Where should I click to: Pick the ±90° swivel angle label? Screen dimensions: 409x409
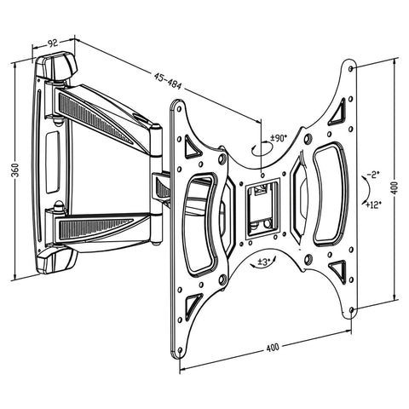coord(279,137)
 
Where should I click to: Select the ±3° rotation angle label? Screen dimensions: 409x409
coord(265,261)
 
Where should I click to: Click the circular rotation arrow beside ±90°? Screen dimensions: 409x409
coord(265,150)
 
